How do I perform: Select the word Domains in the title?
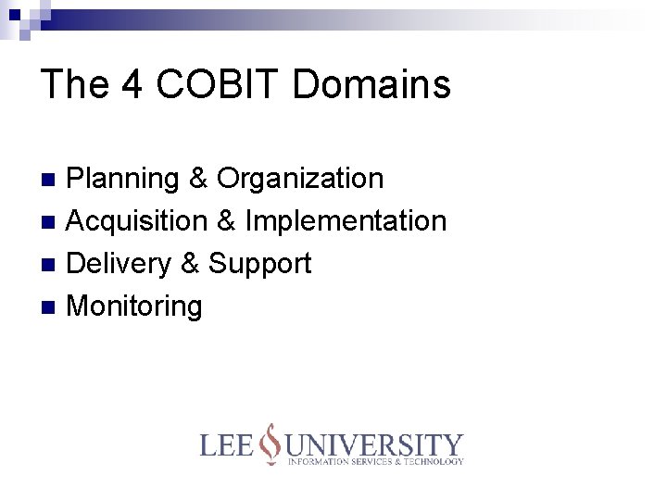tap(371, 84)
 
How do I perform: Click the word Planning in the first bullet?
tap(123, 179)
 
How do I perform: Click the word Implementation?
tap(346, 221)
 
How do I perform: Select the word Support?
tap(259, 265)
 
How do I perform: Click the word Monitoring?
tap(134, 306)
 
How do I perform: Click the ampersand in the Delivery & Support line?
tap(189, 264)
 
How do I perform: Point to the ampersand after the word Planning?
tap(197, 178)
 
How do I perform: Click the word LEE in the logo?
tap(228, 446)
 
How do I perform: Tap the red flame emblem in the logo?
tap(270, 444)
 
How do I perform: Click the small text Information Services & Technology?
tap(375, 461)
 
